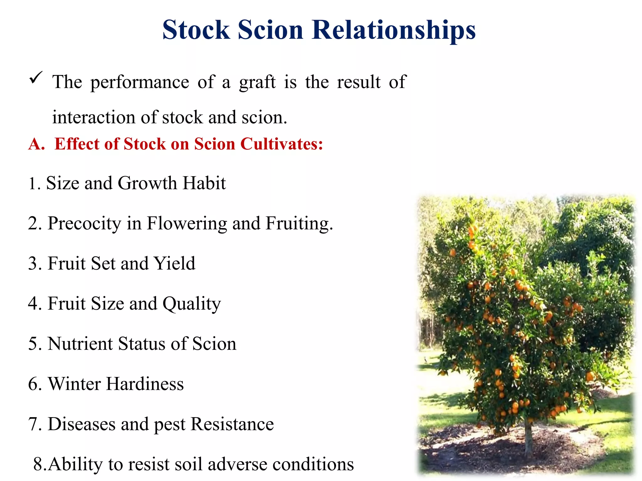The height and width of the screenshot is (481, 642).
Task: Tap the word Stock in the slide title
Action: (196, 30)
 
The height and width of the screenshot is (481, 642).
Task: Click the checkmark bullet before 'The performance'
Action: (36, 78)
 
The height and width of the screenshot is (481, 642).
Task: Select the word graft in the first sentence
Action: (257, 83)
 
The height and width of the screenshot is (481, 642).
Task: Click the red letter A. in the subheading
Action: (37, 144)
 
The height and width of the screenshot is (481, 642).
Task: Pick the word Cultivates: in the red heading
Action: (282, 144)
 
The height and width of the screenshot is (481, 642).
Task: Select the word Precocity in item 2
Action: (84, 224)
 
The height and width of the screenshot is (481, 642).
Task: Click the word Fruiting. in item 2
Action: (299, 224)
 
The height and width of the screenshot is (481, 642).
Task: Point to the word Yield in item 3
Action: (175, 263)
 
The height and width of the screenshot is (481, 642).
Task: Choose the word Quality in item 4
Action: (192, 304)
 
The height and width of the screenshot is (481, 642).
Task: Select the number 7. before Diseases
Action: (34, 424)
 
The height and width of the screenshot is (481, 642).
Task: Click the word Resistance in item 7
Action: (232, 424)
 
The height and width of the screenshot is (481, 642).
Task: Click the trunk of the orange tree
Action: (529, 438)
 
